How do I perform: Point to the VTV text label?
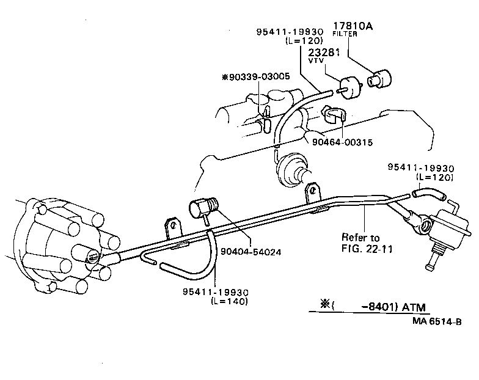315,61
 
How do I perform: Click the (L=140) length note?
230,301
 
